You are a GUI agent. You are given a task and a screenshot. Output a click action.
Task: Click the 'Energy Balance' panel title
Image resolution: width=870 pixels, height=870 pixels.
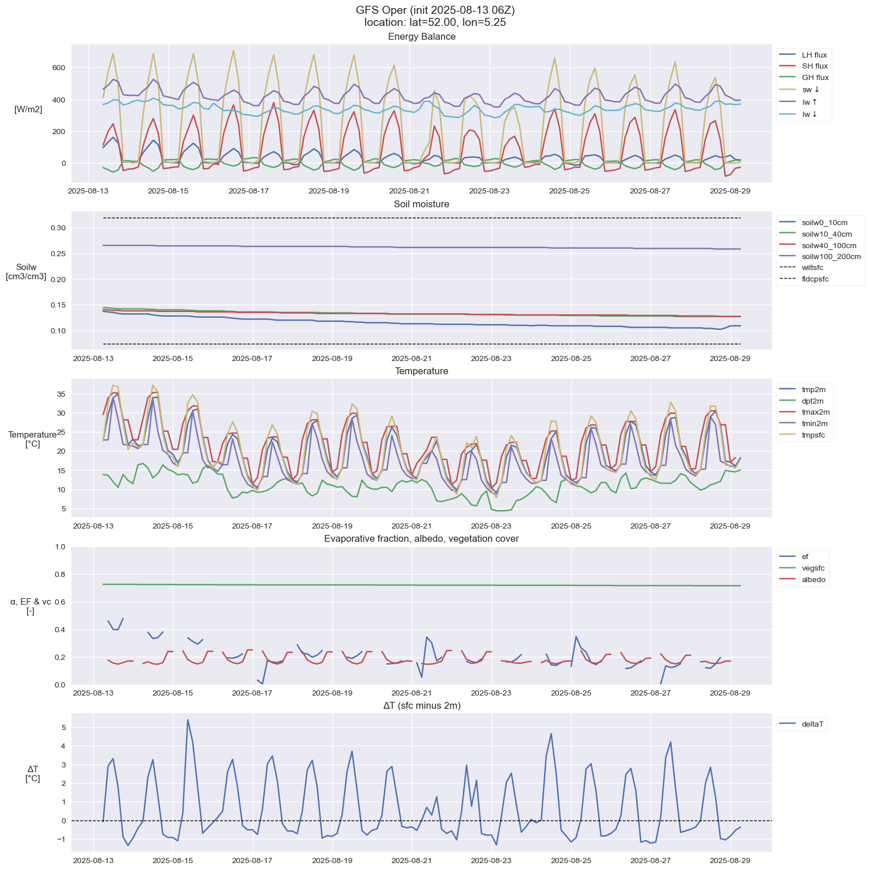(x=421, y=37)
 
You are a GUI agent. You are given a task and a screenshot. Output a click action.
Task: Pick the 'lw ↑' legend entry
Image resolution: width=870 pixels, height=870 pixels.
(x=810, y=102)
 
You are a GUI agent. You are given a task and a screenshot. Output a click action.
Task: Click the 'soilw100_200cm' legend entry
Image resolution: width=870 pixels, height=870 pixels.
(x=831, y=257)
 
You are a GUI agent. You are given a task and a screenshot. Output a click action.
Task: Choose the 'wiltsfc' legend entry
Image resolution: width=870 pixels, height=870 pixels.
(x=812, y=268)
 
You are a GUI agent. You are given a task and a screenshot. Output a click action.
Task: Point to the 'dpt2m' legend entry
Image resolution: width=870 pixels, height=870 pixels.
(x=812, y=401)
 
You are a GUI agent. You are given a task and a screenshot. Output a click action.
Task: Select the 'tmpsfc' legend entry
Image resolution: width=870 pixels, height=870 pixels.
(x=813, y=435)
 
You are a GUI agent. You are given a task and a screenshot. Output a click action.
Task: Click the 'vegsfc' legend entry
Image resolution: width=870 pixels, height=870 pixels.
(x=813, y=568)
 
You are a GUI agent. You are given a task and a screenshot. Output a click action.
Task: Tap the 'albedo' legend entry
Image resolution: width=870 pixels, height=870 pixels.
(x=814, y=580)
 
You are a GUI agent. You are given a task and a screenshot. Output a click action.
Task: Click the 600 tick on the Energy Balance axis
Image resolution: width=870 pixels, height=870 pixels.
(x=58, y=68)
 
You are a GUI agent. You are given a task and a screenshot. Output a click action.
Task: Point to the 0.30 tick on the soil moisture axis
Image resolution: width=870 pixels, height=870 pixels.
(x=58, y=228)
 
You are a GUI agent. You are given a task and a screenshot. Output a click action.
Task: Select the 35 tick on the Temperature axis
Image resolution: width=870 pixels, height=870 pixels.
(x=60, y=394)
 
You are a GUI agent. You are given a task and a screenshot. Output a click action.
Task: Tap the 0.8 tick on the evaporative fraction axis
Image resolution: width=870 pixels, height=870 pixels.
(x=60, y=575)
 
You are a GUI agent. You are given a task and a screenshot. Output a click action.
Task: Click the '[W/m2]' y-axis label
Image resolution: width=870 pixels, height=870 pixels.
(x=28, y=109)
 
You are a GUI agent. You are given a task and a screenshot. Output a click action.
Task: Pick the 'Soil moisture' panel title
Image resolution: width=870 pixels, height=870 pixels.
(x=421, y=204)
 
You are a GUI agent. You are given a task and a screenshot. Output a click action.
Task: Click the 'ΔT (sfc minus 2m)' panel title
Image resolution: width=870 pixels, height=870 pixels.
(x=421, y=706)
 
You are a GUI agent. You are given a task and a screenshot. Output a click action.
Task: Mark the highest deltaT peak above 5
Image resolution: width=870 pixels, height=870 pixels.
(x=188, y=720)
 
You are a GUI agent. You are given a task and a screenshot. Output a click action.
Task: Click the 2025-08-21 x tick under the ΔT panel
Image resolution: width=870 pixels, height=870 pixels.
(x=412, y=860)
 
